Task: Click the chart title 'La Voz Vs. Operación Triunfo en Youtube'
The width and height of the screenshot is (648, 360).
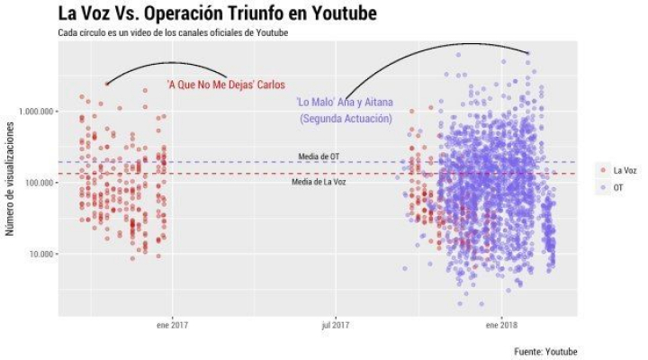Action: (216, 13)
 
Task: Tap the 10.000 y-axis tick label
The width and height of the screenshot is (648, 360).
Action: (40, 254)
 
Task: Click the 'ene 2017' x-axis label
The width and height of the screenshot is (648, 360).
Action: (172, 324)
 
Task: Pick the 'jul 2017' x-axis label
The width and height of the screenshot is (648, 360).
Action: (335, 324)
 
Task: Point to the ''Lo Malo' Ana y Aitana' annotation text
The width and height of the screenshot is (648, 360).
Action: (346, 102)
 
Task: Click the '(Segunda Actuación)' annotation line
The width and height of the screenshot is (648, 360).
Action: (346, 118)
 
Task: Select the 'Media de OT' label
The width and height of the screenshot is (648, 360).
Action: (319, 157)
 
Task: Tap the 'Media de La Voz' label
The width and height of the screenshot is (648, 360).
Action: (319, 182)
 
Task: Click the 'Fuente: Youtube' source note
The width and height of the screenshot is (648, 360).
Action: (545, 350)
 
